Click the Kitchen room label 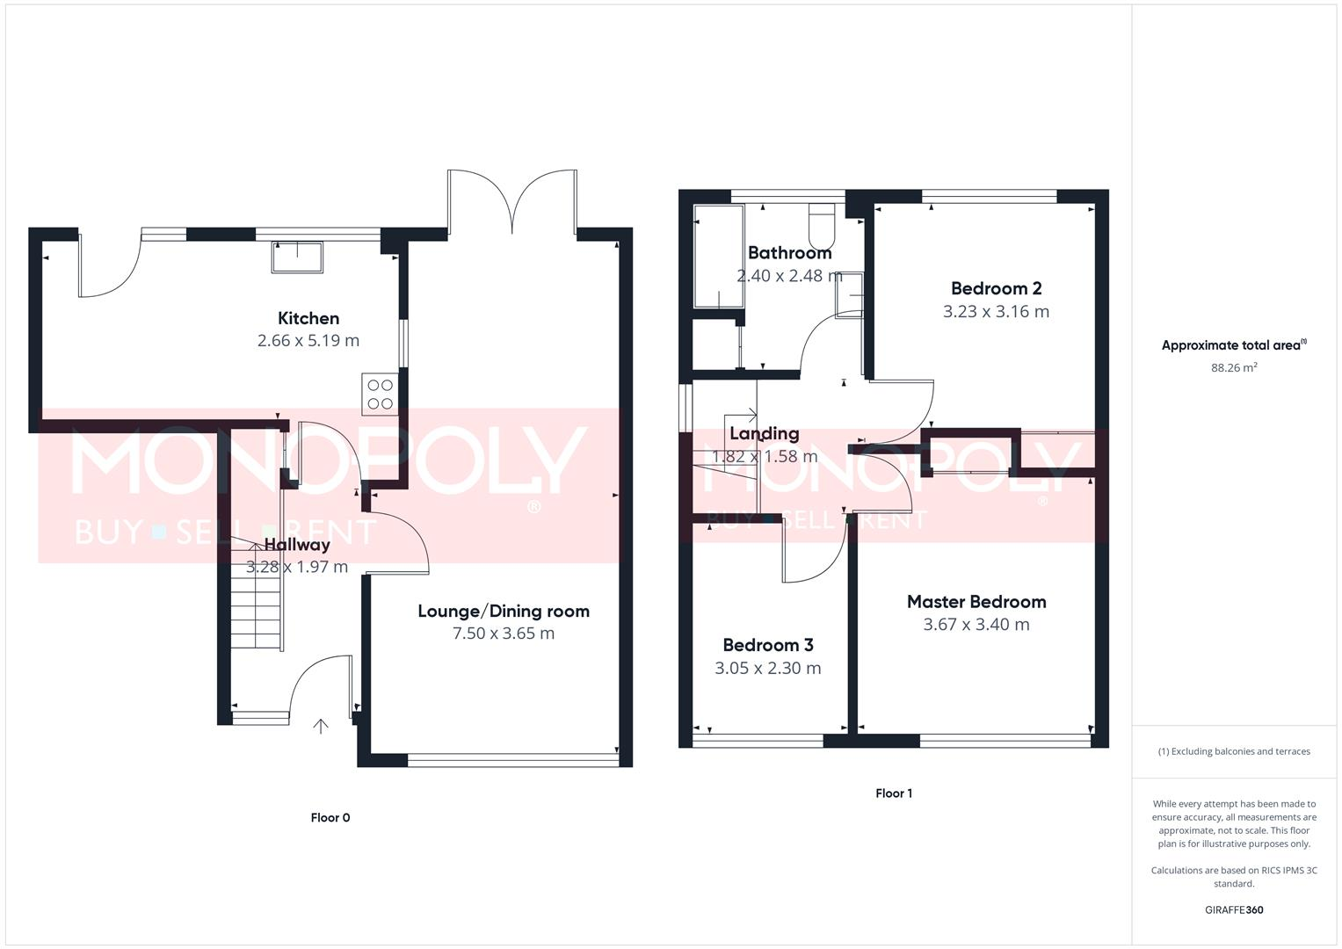308,318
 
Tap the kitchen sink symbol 297,256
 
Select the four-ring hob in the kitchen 380,395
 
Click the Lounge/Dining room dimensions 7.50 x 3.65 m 503,634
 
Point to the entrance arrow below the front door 321,726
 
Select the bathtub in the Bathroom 718,256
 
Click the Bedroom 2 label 996,288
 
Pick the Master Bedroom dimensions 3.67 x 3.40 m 976,625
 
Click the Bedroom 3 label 767,645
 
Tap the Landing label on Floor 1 764,433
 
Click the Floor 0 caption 330,817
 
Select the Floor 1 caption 893,793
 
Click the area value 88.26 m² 1233,368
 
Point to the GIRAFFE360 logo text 1233,909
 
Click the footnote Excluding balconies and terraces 1233,751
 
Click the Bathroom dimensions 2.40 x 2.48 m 788,275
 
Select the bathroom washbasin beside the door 848,295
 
